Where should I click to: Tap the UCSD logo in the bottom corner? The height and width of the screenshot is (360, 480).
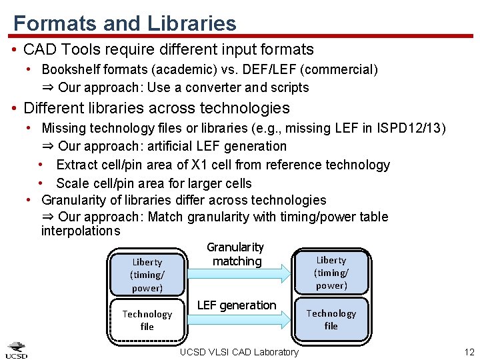click(x=17, y=350)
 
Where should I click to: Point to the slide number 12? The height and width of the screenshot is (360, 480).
click(x=468, y=351)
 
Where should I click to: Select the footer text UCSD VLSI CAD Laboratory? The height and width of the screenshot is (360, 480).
click(x=239, y=351)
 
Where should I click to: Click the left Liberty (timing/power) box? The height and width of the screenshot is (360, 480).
click(x=147, y=275)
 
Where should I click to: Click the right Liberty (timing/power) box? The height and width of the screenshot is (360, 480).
click(x=331, y=273)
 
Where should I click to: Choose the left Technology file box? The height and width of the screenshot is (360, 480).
click(x=147, y=320)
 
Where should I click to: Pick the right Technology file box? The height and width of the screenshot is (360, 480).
click(x=331, y=319)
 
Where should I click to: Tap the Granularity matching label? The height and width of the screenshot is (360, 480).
click(x=236, y=254)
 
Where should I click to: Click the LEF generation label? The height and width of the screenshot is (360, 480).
click(x=237, y=305)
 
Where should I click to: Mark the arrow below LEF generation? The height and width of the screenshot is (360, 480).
click(x=240, y=321)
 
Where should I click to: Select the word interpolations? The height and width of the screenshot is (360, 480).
click(x=81, y=231)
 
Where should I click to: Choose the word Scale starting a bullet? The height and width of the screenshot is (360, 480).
click(x=71, y=183)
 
